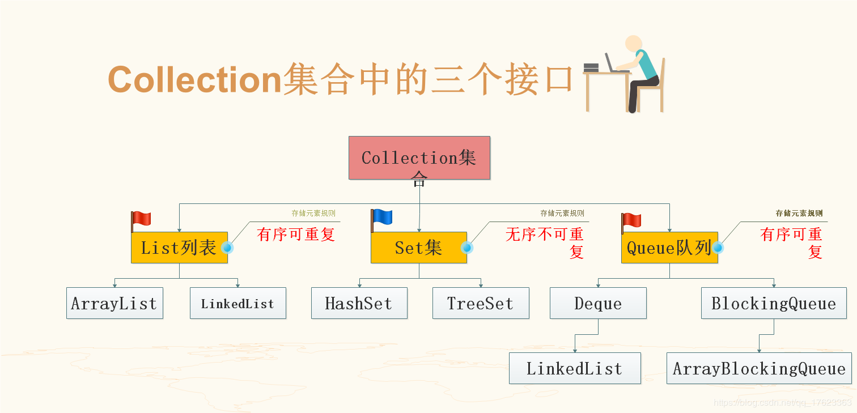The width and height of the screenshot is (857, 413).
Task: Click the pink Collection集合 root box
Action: tap(419, 158)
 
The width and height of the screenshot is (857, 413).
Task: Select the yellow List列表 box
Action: tap(179, 248)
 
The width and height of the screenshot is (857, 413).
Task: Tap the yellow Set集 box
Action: tap(419, 248)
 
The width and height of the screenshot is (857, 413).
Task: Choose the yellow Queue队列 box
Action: tap(669, 248)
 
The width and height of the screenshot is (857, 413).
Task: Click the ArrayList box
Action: tap(114, 303)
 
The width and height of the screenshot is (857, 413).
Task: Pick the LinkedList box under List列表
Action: tap(237, 303)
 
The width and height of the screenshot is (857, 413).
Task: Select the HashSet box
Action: tap(359, 303)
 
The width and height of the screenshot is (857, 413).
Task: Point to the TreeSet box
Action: tap(480, 303)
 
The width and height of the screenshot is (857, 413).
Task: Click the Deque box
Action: tap(598, 303)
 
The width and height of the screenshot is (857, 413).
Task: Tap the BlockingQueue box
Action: tap(774, 303)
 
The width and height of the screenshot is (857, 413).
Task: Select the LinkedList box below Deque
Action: tap(575, 368)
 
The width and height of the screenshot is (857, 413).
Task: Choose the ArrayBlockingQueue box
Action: tap(759, 368)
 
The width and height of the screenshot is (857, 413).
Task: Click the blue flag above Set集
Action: tap(383, 218)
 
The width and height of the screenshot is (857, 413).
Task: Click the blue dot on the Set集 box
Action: tap(467, 248)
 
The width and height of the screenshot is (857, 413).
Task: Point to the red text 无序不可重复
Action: tap(544, 242)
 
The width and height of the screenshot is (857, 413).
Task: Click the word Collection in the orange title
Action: tap(194, 80)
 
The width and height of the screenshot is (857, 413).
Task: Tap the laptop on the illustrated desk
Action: tap(611, 63)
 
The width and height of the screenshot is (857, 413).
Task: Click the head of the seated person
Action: tap(633, 44)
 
